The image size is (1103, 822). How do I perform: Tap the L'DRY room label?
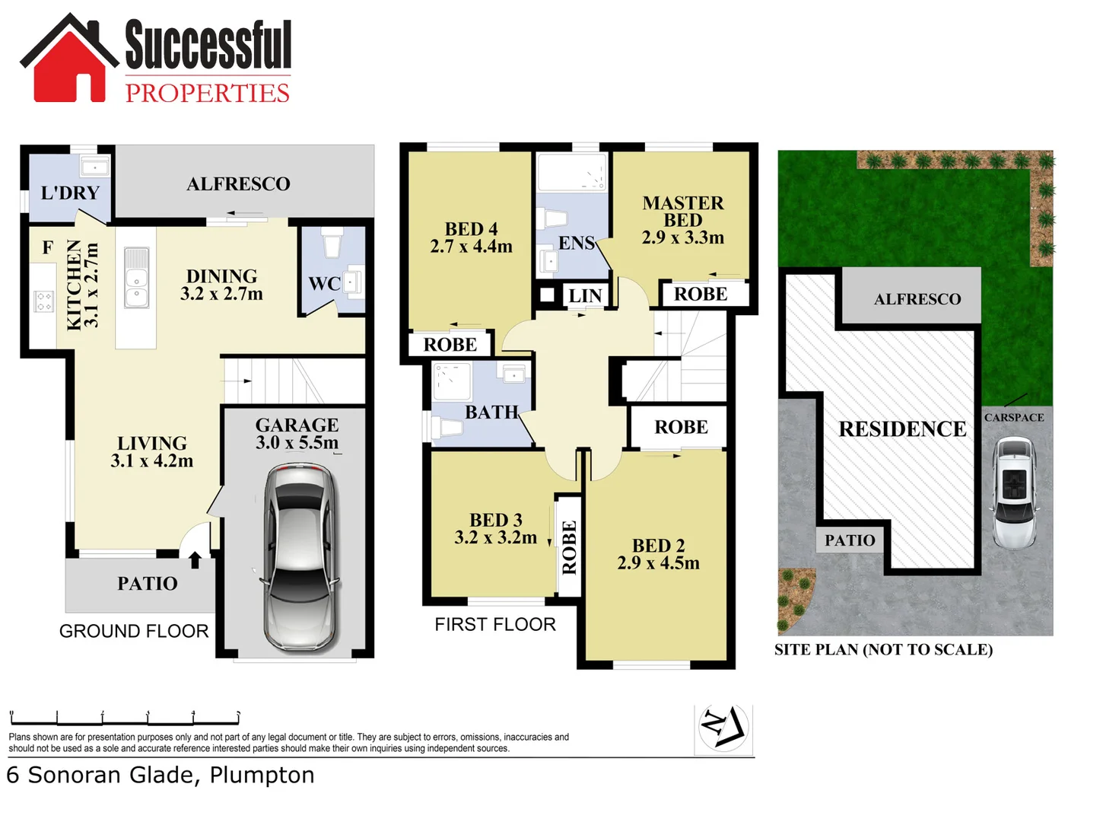click(70, 193)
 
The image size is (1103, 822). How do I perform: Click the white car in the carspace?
click(1014, 492)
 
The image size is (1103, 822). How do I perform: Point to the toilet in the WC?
click(332, 244)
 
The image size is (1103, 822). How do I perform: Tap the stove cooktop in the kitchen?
click(43, 301)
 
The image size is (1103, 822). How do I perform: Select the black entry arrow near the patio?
click(195, 560)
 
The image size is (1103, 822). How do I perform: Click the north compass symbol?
click(723, 728)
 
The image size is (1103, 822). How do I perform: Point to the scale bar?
click(125, 718)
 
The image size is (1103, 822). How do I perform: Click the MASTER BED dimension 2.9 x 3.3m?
click(682, 237)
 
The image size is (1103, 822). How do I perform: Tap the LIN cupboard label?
click(585, 295)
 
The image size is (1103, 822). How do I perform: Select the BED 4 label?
click(471, 229)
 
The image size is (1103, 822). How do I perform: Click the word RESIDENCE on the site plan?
click(902, 429)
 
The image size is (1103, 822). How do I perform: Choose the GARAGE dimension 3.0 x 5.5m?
click(297, 443)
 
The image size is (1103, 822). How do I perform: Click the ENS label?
click(576, 243)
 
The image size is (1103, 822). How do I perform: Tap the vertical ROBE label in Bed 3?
click(569, 547)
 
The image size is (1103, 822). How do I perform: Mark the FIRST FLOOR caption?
click(495, 625)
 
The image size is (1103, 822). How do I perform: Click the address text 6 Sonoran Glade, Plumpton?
click(161, 775)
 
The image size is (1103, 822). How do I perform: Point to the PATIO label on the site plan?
click(850, 540)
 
